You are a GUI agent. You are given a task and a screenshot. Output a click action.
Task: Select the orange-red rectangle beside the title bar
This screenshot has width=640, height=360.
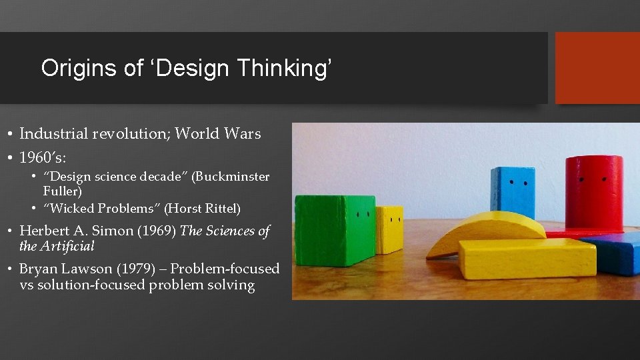pos(597,67)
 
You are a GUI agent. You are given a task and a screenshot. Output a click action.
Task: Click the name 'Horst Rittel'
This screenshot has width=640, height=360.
pos(202,209)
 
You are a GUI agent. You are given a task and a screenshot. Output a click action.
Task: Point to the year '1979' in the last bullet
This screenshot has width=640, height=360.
pos(146,269)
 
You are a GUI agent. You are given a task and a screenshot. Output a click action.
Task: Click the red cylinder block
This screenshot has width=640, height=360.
pos(593,194)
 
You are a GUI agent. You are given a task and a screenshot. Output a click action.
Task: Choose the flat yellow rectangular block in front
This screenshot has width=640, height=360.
pos(527,259)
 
